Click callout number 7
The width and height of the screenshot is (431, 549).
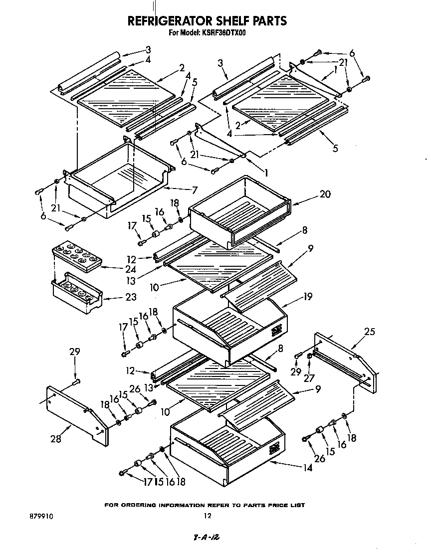click(194, 190)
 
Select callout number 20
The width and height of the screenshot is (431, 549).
click(325, 194)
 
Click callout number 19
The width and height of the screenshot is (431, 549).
click(307, 297)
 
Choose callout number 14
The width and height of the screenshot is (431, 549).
click(307, 468)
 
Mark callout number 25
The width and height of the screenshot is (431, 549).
click(369, 332)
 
